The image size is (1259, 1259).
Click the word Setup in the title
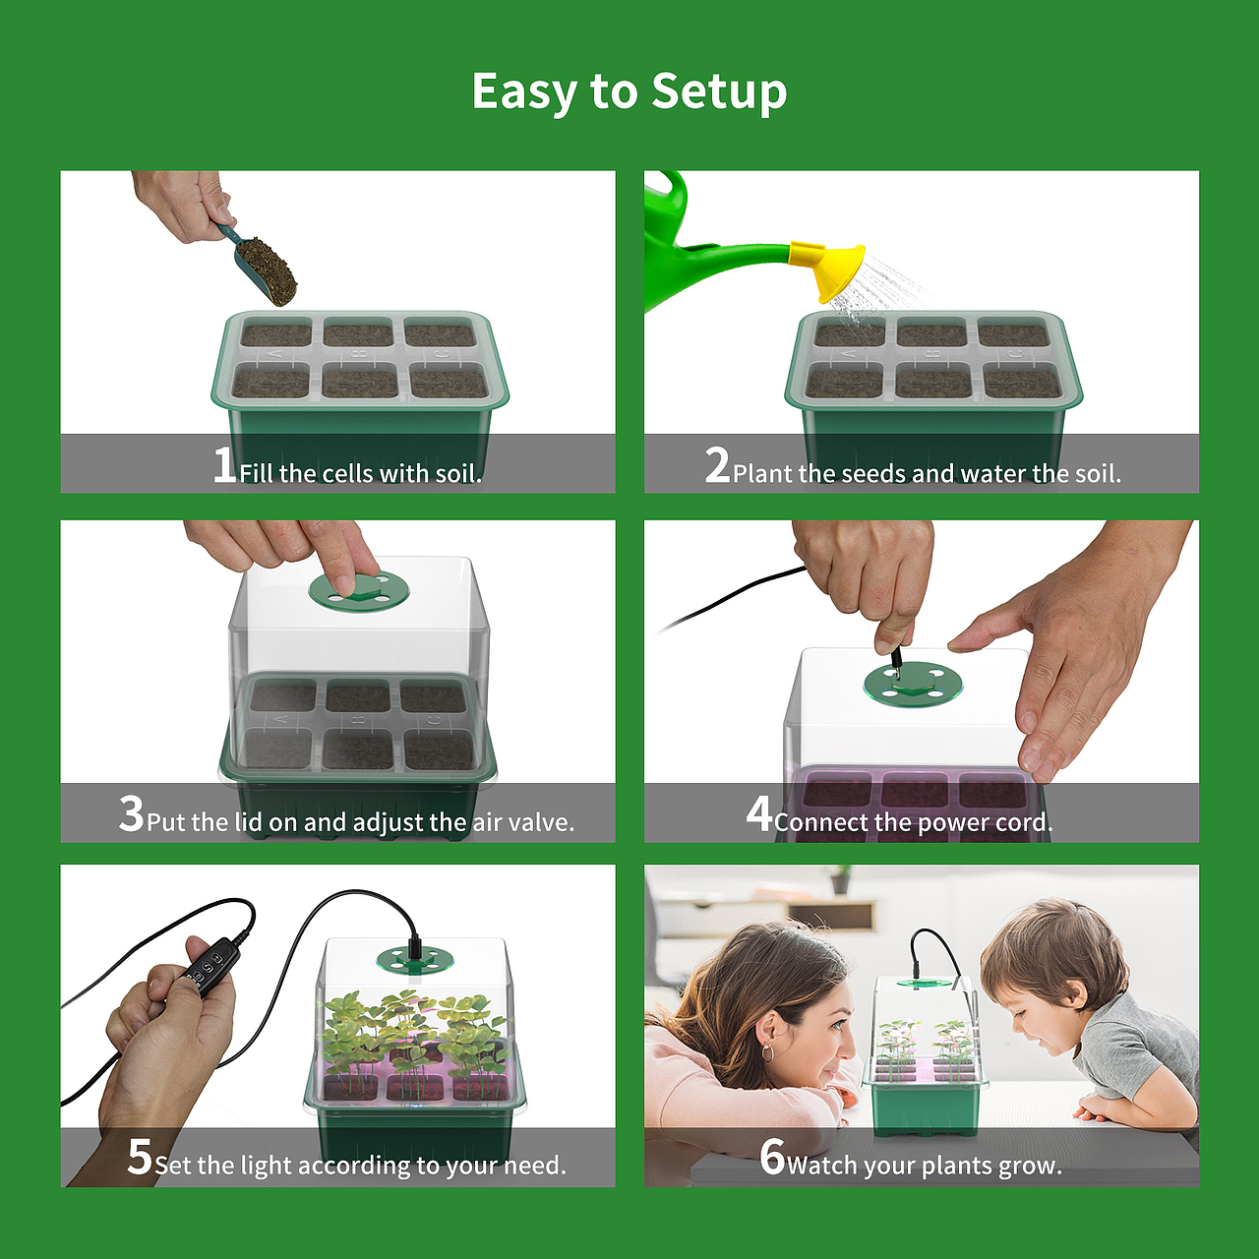pos(719,91)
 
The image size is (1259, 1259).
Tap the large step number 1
pos(225,464)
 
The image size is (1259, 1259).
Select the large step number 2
pos(717,464)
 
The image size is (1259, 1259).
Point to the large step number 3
pos(131,813)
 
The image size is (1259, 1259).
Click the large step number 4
pos(759,813)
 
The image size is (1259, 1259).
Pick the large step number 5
pos(140,1157)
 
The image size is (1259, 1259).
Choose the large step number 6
pos(772,1157)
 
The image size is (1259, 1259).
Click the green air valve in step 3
pos(359,591)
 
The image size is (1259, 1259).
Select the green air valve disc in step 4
pos(912,685)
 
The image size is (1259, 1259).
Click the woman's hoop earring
pos(768,1051)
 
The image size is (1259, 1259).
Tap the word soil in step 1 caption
pos(458,474)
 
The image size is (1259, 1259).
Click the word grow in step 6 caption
pos(1034,1167)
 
